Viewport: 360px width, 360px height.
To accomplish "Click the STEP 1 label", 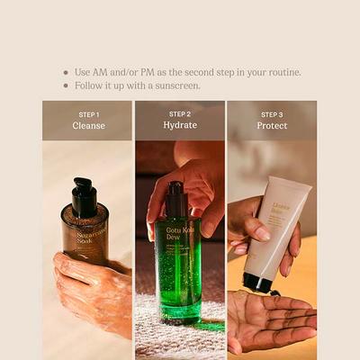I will (x=88, y=114).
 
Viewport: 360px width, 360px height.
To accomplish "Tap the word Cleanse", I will (x=88, y=126).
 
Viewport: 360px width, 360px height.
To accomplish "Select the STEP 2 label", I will (x=180, y=114).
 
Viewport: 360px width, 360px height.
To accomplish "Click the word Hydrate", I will (x=180, y=126).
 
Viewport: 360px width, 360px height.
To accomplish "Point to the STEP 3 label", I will (x=271, y=114).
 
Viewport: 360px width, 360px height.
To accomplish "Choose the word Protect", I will (x=271, y=126).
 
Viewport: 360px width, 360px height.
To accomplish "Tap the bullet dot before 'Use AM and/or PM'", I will (x=65, y=72).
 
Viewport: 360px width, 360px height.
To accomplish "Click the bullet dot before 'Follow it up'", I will (x=65, y=85).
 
